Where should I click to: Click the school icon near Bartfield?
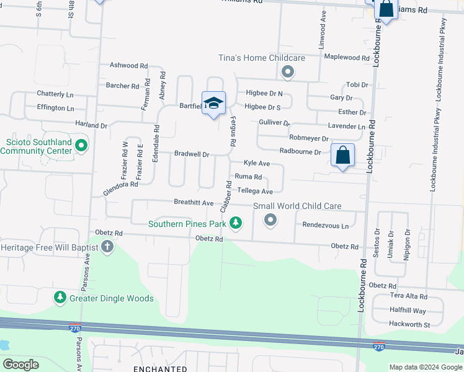(213, 104)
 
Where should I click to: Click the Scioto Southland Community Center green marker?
(81, 146)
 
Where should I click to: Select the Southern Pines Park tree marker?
(235, 223)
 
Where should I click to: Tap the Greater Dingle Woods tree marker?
(60, 298)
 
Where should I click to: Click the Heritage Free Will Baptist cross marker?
(107, 247)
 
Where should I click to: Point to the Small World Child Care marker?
(270, 219)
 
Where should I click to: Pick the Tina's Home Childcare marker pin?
(287, 73)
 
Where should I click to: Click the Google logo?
(21, 365)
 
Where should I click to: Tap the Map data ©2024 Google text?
(425, 367)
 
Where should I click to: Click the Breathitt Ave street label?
(194, 203)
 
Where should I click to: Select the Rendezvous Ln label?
(325, 226)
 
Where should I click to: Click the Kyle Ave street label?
(256, 163)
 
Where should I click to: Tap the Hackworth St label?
(409, 324)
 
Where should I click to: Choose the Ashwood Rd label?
(128, 65)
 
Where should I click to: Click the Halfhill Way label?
(408, 311)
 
